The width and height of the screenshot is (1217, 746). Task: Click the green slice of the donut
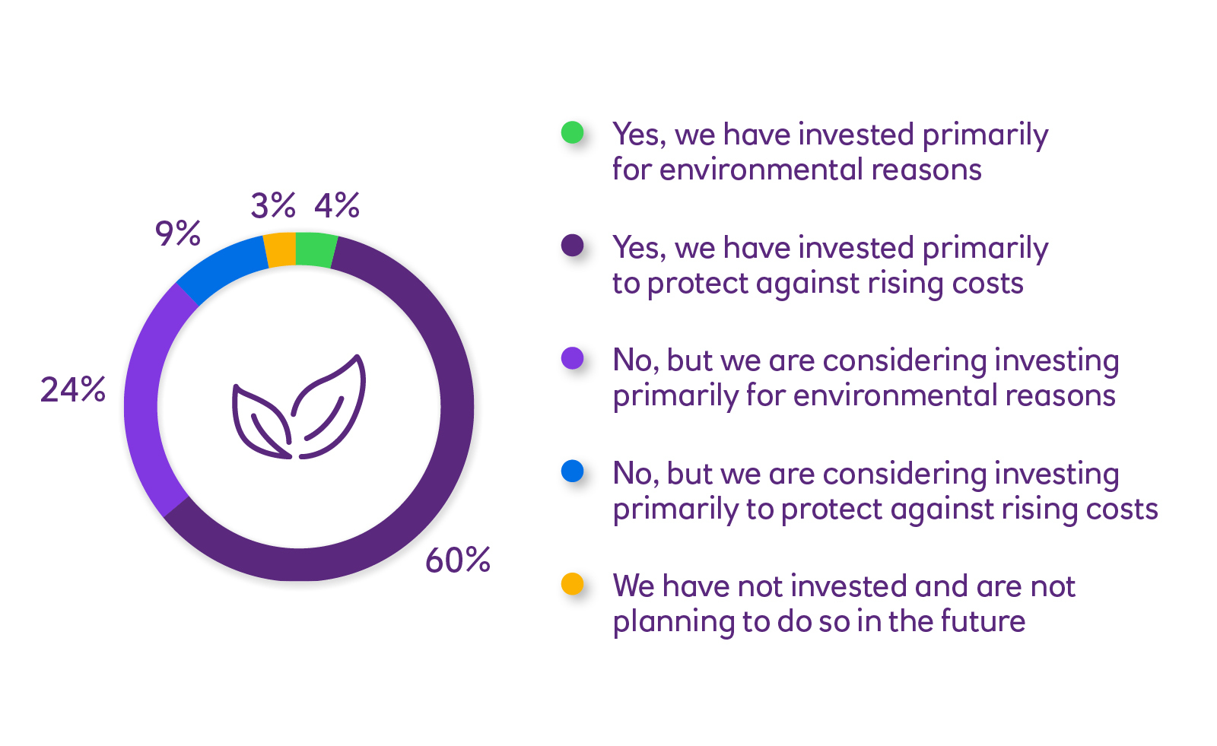pyautogui.click(x=315, y=250)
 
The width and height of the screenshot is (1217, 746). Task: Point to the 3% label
pyautogui.click(x=273, y=206)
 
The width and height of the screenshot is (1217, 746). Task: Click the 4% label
pyautogui.click(x=337, y=206)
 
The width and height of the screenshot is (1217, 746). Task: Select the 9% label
pyautogui.click(x=178, y=233)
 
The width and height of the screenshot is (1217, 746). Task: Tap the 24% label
pyautogui.click(x=73, y=389)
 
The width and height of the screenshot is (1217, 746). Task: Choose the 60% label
pyautogui.click(x=458, y=560)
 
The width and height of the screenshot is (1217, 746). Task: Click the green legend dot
pyautogui.click(x=572, y=132)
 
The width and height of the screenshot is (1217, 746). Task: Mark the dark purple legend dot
pyautogui.click(x=572, y=245)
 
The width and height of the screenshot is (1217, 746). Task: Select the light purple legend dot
pyautogui.click(x=572, y=358)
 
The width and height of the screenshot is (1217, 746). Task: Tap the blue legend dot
pyautogui.click(x=572, y=471)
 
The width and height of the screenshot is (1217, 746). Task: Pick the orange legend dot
pyautogui.click(x=572, y=584)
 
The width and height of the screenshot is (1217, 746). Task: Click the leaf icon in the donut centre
pyautogui.click(x=299, y=407)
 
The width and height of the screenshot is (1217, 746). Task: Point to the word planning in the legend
pyautogui.click(x=674, y=623)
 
